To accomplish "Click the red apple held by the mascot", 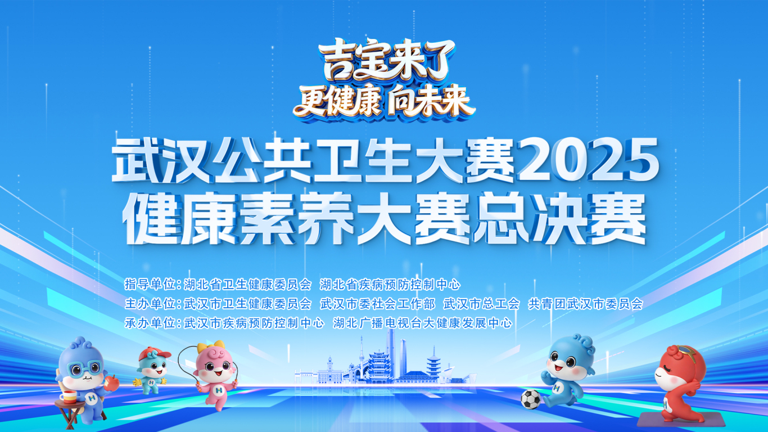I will point(112,384).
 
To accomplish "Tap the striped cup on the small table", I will point(69,397).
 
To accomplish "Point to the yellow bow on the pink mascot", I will point(218,345).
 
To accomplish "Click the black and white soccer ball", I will point(530,399).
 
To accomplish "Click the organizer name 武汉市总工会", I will point(481,304).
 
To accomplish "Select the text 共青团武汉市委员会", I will point(585,304).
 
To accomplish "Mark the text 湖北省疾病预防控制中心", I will point(390,284).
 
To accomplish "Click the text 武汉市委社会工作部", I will point(377,304).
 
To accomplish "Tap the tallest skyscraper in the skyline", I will point(390,354).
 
